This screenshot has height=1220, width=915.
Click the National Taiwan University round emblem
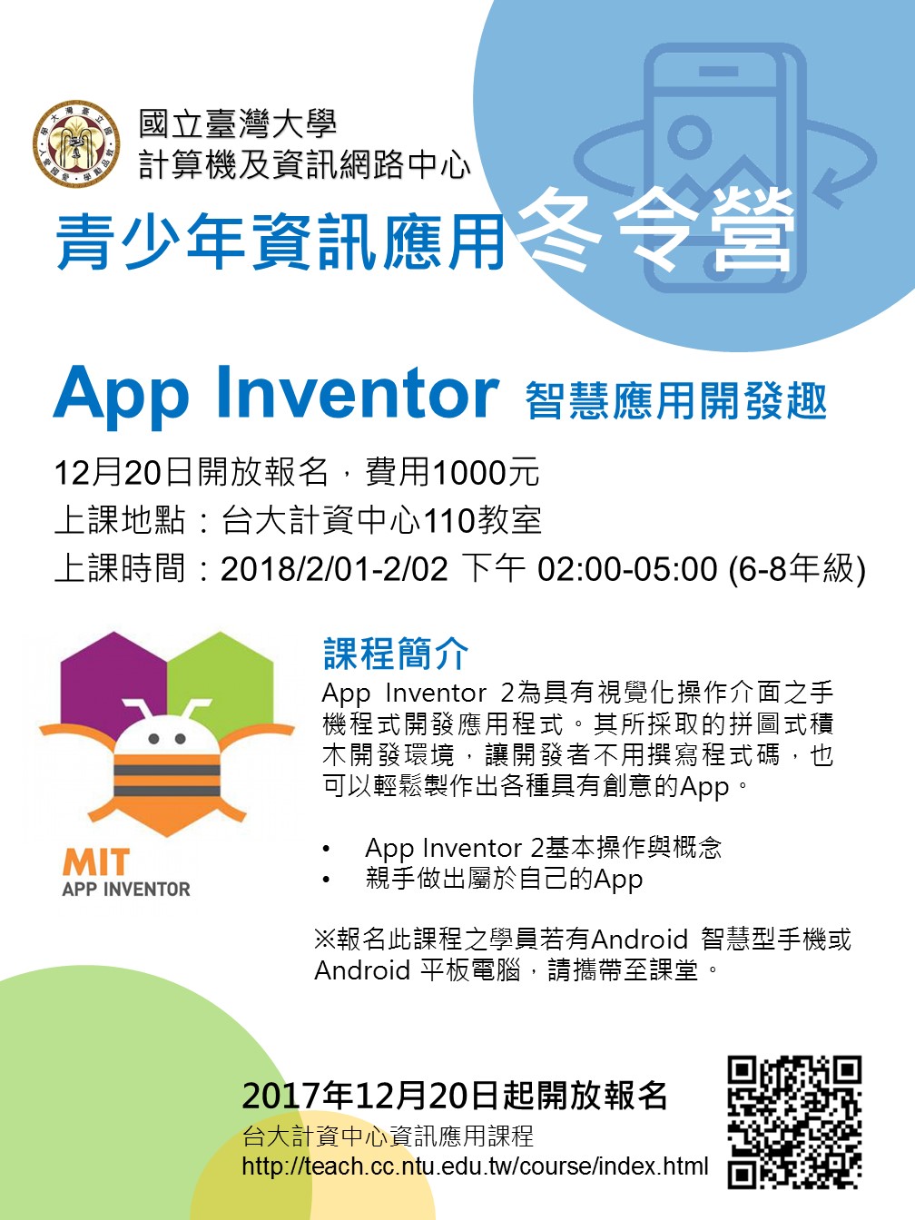click(76, 144)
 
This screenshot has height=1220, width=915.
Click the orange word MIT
click(96, 862)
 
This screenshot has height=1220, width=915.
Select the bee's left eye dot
click(154, 739)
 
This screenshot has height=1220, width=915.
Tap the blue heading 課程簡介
click(396, 654)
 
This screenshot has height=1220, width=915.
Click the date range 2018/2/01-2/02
click(334, 569)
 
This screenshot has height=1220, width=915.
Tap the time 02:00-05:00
click(627, 569)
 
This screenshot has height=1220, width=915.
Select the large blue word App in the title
click(121, 398)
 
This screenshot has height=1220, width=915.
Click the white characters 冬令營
click(655, 233)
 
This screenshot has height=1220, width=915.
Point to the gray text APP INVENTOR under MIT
click(126, 889)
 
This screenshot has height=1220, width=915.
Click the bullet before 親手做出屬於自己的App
click(326, 880)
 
